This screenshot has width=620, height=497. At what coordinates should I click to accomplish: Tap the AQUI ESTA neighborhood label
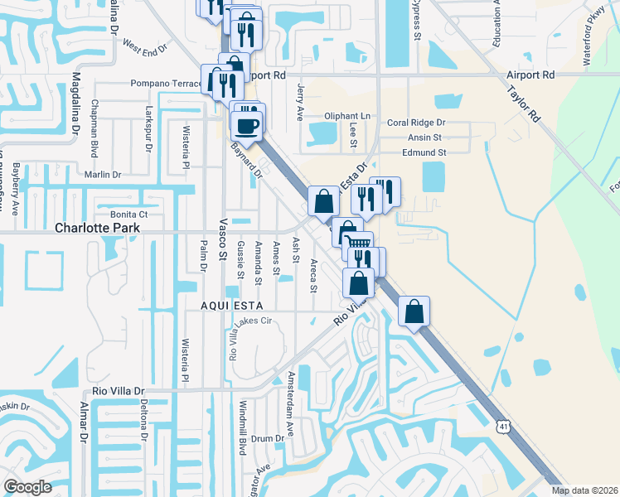click(x=231, y=305)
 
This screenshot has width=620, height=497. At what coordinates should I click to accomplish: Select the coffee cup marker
click(x=247, y=126)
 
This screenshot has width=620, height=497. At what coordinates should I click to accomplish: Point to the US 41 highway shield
click(x=503, y=426)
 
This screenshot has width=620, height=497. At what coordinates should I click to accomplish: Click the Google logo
click(x=27, y=487)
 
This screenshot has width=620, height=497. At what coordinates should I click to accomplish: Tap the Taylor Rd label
click(x=524, y=104)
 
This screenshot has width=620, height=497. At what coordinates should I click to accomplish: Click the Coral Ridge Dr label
click(x=416, y=123)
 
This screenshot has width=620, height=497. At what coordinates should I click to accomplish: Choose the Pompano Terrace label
click(x=167, y=84)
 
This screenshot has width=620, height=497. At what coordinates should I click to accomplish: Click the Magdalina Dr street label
click(x=75, y=103)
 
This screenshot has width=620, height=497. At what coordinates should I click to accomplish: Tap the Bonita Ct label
click(x=116, y=215)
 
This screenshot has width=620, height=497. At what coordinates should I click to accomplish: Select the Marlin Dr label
click(x=103, y=175)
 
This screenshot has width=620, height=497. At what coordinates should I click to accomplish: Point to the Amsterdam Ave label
click(x=290, y=405)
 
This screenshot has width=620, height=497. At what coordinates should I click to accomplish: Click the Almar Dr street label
click(x=84, y=422)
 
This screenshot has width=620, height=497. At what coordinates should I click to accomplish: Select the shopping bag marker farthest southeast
click(x=414, y=312)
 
